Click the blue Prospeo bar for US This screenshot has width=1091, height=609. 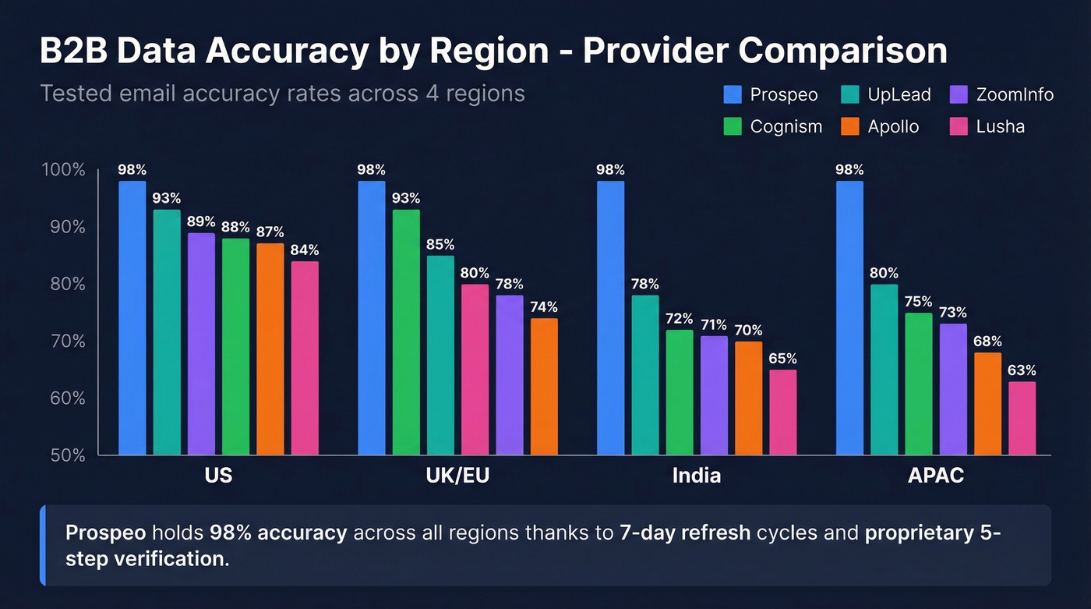click(x=132, y=317)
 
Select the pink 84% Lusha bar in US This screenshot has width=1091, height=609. click(x=305, y=358)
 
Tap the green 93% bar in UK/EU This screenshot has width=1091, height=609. click(x=406, y=331)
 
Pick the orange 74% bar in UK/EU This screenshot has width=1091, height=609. click(x=544, y=386)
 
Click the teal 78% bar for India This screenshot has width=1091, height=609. click(x=645, y=374)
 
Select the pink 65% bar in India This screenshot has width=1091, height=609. click(x=783, y=412)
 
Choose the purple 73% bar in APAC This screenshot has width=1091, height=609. click(x=953, y=389)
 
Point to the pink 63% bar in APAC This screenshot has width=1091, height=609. click(x=1022, y=418)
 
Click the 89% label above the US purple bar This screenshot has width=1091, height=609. click(x=201, y=221)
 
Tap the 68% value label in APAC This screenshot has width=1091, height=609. click(x=987, y=341)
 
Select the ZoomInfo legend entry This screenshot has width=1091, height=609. click(x=1002, y=95)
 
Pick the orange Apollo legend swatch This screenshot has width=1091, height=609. click(x=850, y=126)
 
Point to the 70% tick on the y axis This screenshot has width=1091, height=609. click(x=68, y=341)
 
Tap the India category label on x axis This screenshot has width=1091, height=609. click(x=696, y=475)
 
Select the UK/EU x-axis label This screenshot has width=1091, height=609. click(x=457, y=475)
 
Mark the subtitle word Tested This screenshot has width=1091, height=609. click(x=76, y=94)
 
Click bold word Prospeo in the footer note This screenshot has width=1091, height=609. click(x=105, y=533)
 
